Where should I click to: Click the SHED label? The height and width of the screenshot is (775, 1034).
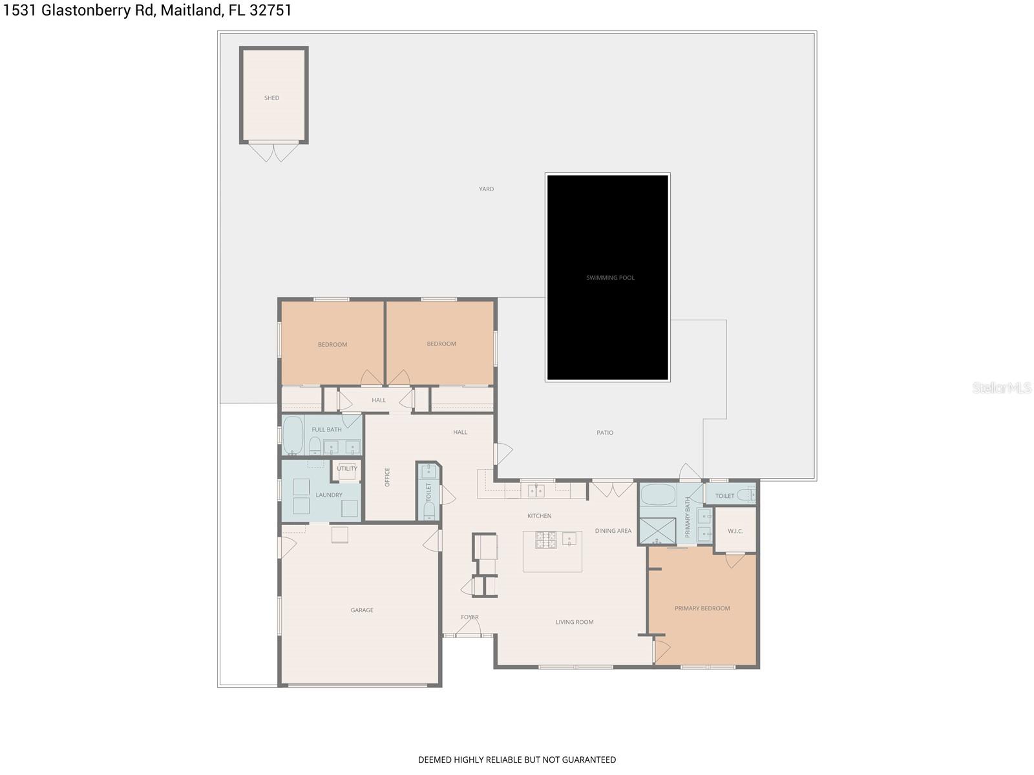(271, 98)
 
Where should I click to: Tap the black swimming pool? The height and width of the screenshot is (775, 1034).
(607, 277)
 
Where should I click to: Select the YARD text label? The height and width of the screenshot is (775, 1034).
(486, 189)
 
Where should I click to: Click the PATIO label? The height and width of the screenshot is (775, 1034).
(605, 433)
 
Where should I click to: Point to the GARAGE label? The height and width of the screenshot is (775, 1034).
(362, 610)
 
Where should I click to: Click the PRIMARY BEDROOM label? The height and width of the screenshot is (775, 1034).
(702, 608)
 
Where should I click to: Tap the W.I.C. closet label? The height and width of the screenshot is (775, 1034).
(735, 531)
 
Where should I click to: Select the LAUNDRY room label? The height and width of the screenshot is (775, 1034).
(329, 495)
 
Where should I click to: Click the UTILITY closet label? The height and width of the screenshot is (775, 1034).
(347, 469)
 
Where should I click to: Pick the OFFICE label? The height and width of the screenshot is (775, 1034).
(388, 477)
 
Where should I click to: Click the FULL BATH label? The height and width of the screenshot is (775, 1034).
(326, 429)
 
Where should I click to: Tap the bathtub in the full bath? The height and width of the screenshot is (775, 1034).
(293, 436)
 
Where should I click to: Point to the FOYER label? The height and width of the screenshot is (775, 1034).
(470, 617)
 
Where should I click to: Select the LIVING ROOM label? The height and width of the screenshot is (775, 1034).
(575, 623)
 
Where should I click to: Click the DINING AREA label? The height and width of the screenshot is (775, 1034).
(613, 531)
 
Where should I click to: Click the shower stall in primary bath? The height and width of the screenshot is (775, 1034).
(657, 531)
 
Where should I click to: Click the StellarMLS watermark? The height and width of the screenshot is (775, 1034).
(1002, 388)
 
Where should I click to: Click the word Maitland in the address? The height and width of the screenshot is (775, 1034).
(189, 10)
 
